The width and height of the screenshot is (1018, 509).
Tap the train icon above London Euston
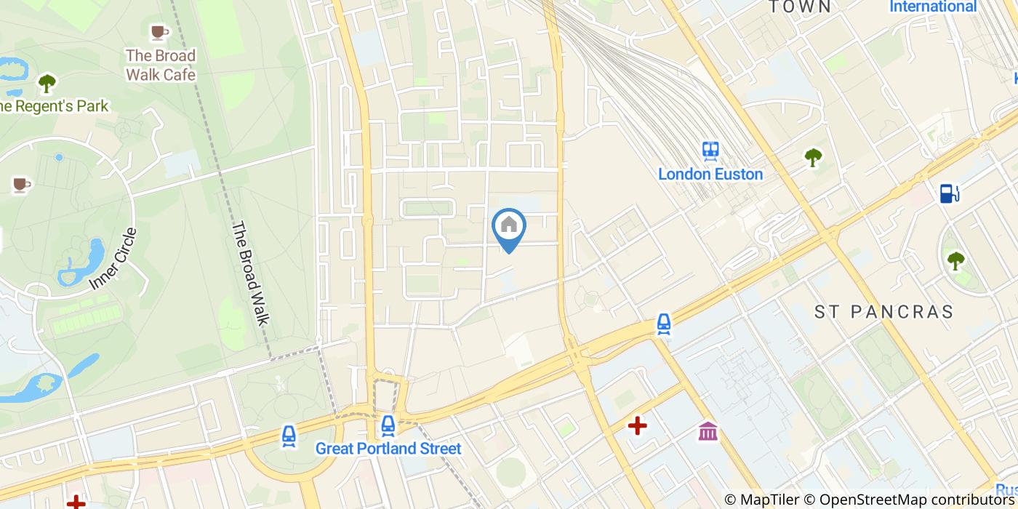pos(710,151)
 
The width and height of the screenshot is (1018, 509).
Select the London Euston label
pos(710,175)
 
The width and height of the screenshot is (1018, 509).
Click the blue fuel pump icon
pos(949,193)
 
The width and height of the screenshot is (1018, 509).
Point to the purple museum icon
pos(708,431)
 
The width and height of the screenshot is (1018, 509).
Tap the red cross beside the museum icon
pos(638,425)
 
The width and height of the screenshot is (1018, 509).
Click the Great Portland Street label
pos(388,449)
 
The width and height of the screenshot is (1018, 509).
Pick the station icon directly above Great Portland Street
pos(388,425)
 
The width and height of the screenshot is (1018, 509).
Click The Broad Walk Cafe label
pos(161,65)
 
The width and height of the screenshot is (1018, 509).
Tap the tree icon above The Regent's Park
pos(47,84)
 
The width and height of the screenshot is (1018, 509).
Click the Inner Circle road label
pos(113,259)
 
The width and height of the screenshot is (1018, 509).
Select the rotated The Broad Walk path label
pos(251,273)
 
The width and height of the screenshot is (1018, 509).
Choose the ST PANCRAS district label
pos(883,312)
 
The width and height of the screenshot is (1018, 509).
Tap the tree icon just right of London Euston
pos(813,157)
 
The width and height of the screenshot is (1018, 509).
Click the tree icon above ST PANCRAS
pos(955,260)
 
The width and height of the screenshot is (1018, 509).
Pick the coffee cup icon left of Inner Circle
pos(21,185)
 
